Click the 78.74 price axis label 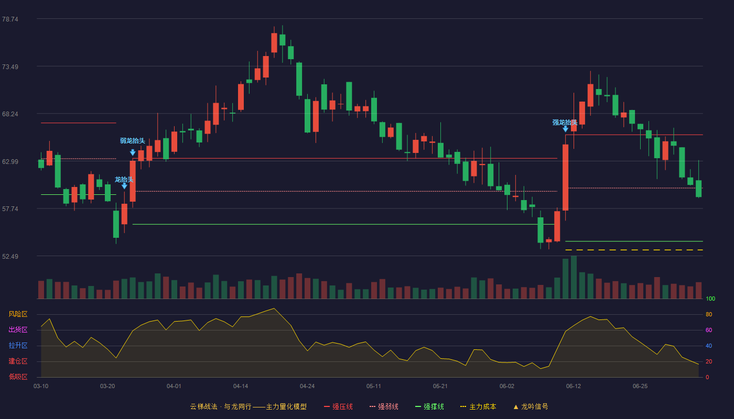(x=10, y=19)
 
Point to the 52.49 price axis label (x=10, y=256)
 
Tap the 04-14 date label (x=241, y=387)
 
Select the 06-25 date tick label (x=640, y=387)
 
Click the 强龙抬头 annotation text (x=565, y=123)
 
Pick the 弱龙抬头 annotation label (x=132, y=141)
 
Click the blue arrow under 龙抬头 (x=125, y=186)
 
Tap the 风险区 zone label (x=18, y=314)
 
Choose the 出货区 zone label (x=18, y=329)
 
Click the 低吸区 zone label (x=18, y=377)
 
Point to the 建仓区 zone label (x=18, y=361)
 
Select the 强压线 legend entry (x=338, y=406)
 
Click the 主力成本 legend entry (x=478, y=406)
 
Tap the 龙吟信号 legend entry (x=531, y=406)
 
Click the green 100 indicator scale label (x=710, y=299)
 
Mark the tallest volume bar (x=574, y=277)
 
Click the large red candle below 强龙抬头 (x=566, y=178)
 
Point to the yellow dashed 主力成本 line (x=634, y=250)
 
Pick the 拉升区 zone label (x=18, y=345)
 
